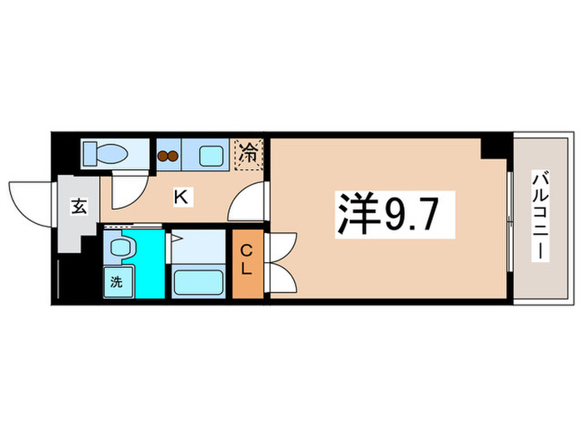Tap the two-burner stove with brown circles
pyautogui.click(x=168, y=155)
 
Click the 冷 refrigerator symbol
pyautogui.click(x=248, y=154)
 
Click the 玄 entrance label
pyautogui.click(x=77, y=206)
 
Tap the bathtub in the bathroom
pyautogui.click(x=199, y=282)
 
